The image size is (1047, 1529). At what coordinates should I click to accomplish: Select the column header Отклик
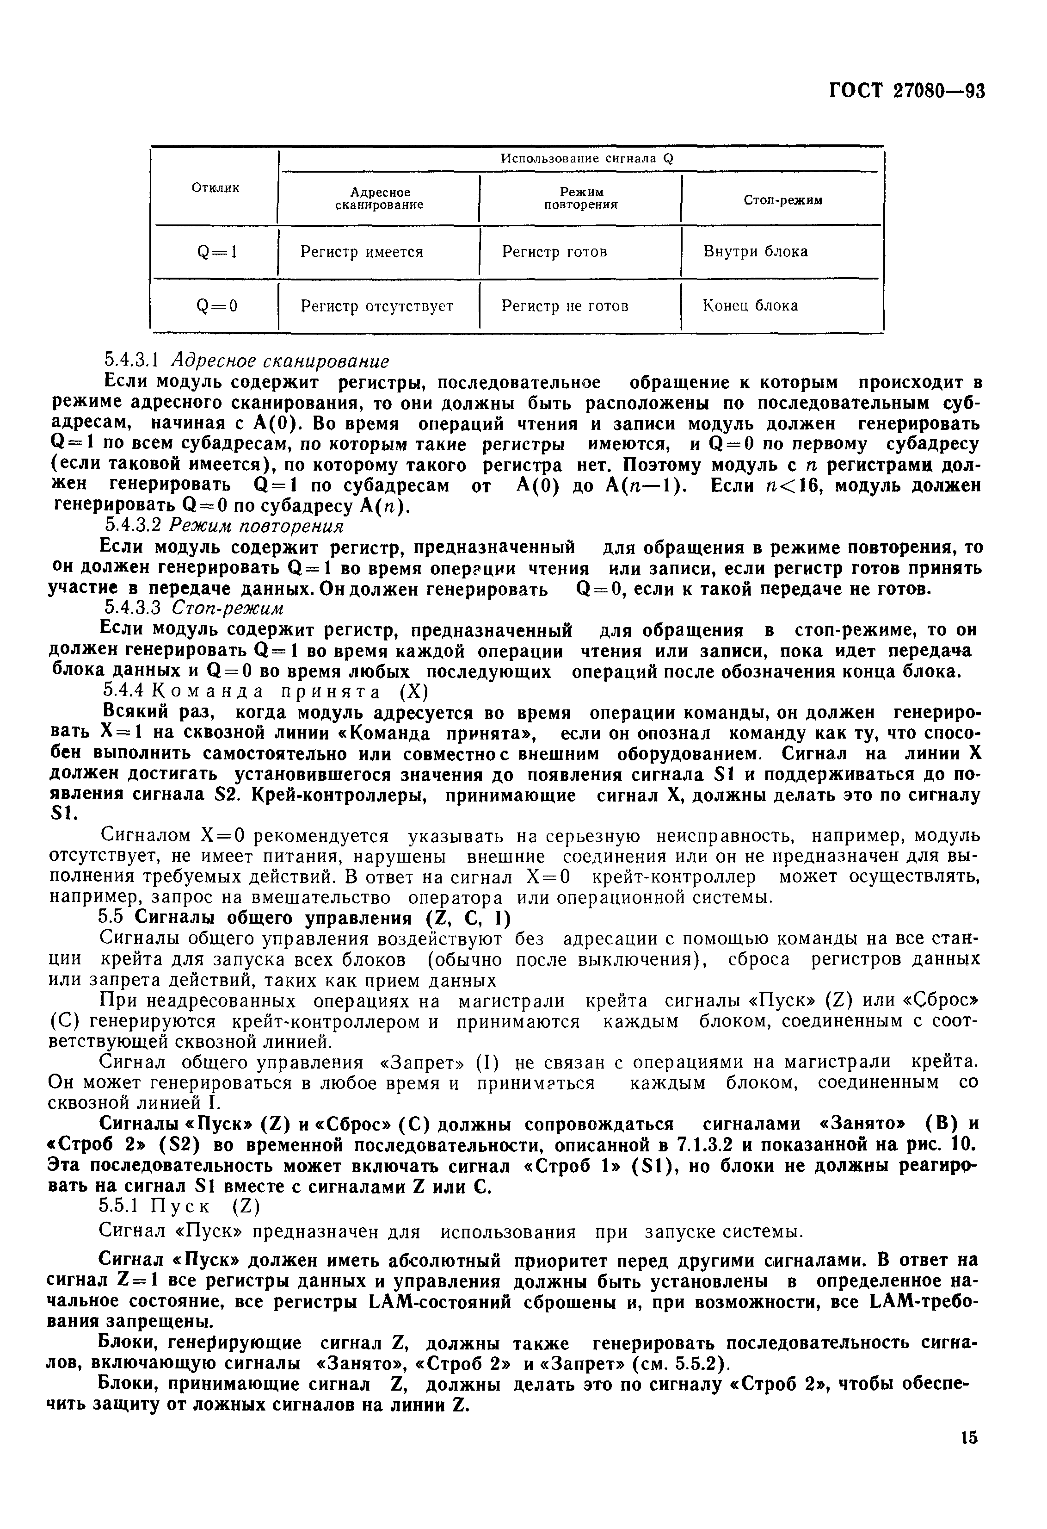(215, 188)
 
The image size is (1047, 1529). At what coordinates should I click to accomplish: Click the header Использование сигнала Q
(587, 159)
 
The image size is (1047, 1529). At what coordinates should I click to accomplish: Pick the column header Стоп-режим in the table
(782, 200)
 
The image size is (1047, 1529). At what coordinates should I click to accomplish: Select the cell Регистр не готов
(565, 306)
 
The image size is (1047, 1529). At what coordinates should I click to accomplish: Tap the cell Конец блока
(751, 305)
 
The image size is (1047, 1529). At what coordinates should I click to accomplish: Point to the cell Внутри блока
(756, 251)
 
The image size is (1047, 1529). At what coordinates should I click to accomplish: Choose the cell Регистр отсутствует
(377, 306)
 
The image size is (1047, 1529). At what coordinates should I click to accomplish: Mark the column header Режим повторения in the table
(581, 198)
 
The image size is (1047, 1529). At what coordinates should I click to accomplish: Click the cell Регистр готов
(554, 252)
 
